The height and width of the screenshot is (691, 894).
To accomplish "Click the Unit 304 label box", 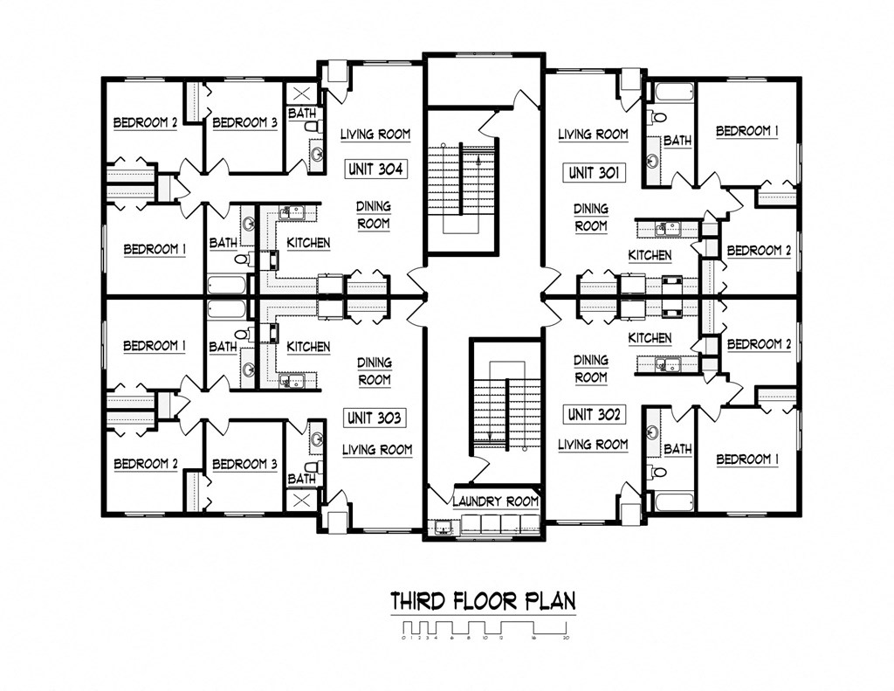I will [375, 169].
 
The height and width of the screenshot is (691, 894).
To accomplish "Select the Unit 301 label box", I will [594, 173].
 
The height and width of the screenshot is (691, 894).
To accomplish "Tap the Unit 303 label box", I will [375, 418].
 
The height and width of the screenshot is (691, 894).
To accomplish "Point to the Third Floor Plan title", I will [483, 601].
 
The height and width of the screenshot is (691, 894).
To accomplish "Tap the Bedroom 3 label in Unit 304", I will [244, 123].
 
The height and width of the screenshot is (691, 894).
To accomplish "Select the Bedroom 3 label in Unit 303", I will [244, 464].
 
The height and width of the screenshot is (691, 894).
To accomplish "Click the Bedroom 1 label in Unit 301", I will [747, 131].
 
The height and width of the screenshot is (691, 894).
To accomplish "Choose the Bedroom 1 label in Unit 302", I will [747, 459].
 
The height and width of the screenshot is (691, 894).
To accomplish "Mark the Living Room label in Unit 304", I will [375, 135].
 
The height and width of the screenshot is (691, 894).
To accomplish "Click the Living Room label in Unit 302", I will [593, 445].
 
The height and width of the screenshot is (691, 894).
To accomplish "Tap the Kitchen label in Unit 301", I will [650, 255].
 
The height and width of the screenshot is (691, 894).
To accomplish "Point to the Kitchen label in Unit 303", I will [308, 347].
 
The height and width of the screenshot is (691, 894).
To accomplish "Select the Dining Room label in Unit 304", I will [374, 215].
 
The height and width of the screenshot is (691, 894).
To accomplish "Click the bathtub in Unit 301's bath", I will [670, 91].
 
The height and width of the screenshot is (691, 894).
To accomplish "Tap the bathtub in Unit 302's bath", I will [670, 501].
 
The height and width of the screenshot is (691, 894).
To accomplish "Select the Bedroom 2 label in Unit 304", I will [146, 123].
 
